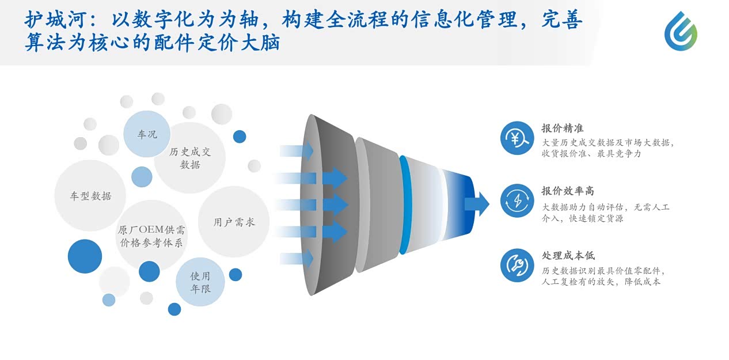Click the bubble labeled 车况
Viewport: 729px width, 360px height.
pos(147,134)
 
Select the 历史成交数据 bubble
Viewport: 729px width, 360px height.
pos(189,158)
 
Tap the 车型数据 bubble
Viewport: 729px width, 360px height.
pos(90,196)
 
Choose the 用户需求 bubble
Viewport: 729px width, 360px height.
pos(234,222)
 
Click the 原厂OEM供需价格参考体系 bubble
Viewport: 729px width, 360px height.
pos(151,236)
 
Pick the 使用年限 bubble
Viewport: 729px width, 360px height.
pos(200,282)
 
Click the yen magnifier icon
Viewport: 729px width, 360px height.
pos(517,138)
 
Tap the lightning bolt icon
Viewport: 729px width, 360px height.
pos(517,201)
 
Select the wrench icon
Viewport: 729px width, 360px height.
pos(517,266)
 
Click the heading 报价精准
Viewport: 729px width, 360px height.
pos(563,128)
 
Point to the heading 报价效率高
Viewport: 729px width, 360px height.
pos(568,191)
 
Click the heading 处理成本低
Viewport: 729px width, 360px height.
pos(568,256)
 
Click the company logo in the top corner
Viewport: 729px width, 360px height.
pos(681,31)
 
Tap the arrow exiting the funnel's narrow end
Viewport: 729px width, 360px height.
pos(477,204)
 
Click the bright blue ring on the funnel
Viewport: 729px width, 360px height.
pos(404,204)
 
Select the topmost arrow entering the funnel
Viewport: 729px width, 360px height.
pos(297,151)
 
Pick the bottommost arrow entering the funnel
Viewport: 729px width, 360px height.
pos(297,259)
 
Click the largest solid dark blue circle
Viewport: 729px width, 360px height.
pos(85,256)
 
